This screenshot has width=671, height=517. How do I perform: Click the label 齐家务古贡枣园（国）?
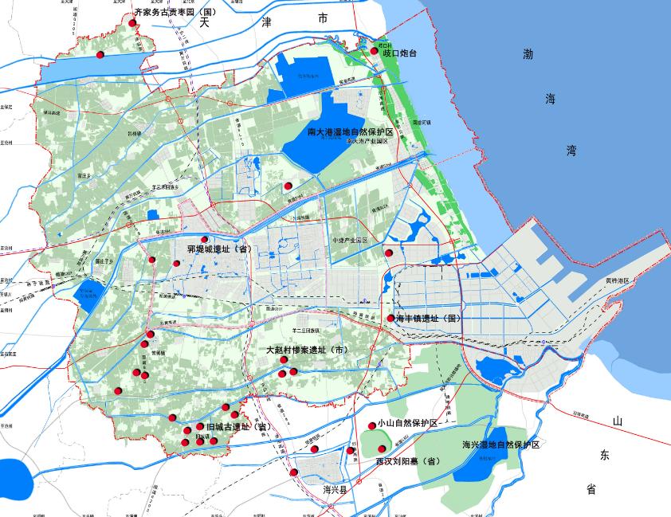tap(175, 13)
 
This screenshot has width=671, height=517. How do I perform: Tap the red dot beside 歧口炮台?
tap(375, 52)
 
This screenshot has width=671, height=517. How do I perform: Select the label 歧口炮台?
tap(399, 53)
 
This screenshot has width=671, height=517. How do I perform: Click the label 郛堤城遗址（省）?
tap(219, 249)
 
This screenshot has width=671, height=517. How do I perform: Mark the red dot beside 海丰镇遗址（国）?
tap(390, 319)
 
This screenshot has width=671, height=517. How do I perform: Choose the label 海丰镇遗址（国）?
tap(429, 319)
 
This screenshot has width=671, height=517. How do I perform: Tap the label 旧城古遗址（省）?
tap(240, 428)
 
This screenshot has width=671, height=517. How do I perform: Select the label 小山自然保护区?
tap(408, 424)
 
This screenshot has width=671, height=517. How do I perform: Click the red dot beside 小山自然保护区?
tap(371, 426)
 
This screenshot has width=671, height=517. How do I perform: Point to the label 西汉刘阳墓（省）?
tap(408, 460)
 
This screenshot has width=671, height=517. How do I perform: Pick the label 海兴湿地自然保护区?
tap(500, 445)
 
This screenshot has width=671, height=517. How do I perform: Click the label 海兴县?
tap(335, 490)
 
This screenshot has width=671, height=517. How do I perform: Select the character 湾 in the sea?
tap(571, 149)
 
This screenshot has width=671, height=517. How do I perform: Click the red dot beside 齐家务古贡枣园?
tap(131, 23)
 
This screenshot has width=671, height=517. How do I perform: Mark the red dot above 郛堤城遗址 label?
tap(205, 239)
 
